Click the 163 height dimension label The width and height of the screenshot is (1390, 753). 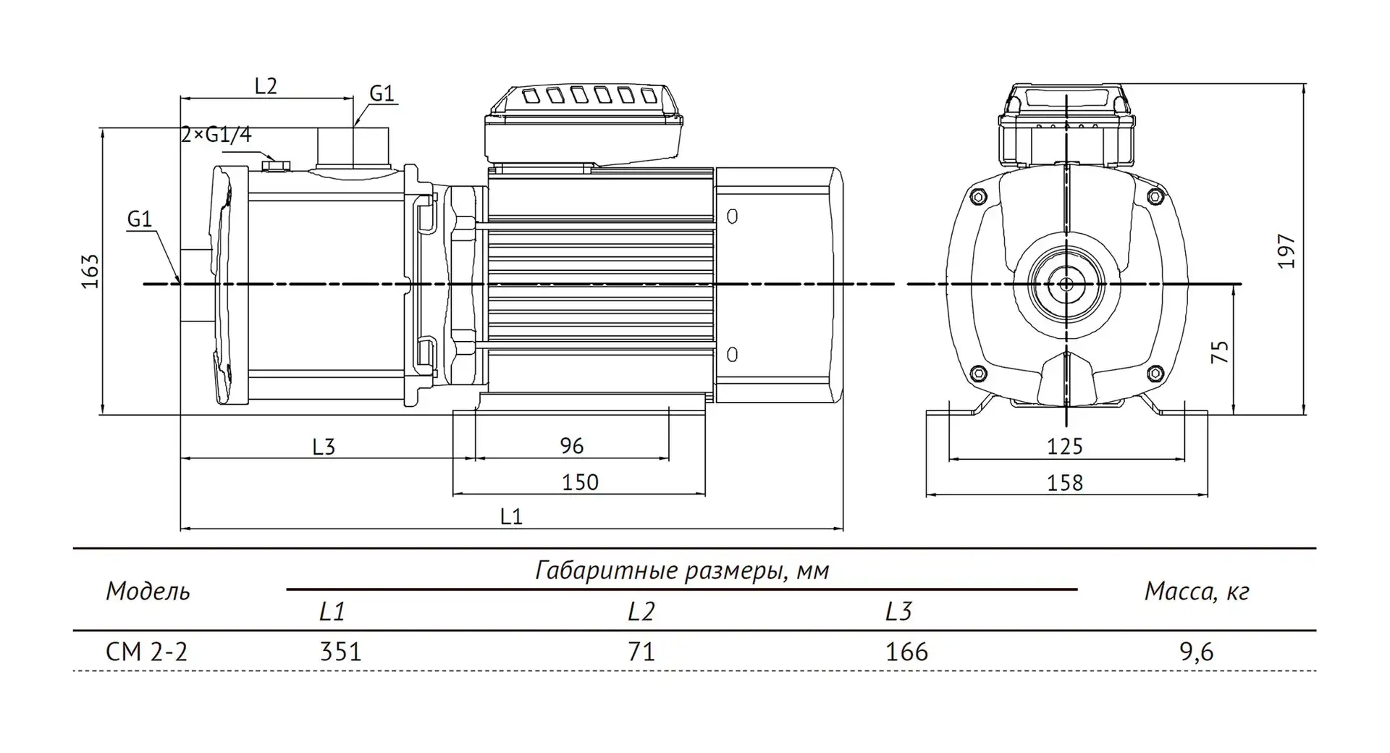pyautogui.click(x=90, y=271)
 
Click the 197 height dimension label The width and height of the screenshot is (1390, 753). pyautogui.click(x=1286, y=251)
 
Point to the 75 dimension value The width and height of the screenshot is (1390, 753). pyautogui.click(x=1220, y=352)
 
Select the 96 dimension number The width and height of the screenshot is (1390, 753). pyautogui.click(x=572, y=446)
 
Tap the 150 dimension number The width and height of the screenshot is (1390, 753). pyautogui.click(x=580, y=482)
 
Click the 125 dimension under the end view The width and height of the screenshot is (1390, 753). pyautogui.click(x=1065, y=446)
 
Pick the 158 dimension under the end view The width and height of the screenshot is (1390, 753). pyautogui.click(x=1065, y=482)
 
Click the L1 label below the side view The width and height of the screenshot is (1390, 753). pyautogui.click(x=511, y=516)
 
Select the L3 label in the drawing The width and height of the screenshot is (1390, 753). pyautogui.click(x=324, y=447)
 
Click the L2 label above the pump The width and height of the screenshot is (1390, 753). pyautogui.click(x=266, y=86)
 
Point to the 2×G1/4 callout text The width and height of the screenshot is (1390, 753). pyautogui.click(x=216, y=135)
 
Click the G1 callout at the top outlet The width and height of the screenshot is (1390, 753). pyautogui.click(x=382, y=93)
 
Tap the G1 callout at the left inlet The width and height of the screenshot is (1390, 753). pyautogui.click(x=139, y=219)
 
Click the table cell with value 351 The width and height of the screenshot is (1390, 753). pyautogui.click(x=340, y=652)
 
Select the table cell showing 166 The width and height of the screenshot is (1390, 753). pyautogui.click(x=906, y=652)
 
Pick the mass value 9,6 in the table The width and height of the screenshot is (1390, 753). pyautogui.click(x=1196, y=652)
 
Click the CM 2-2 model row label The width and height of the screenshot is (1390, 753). pyautogui.click(x=147, y=652)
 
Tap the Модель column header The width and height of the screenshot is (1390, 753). pyautogui.click(x=148, y=592)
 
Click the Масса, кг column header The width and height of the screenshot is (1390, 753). pyautogui.click(x=1197, y=592)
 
